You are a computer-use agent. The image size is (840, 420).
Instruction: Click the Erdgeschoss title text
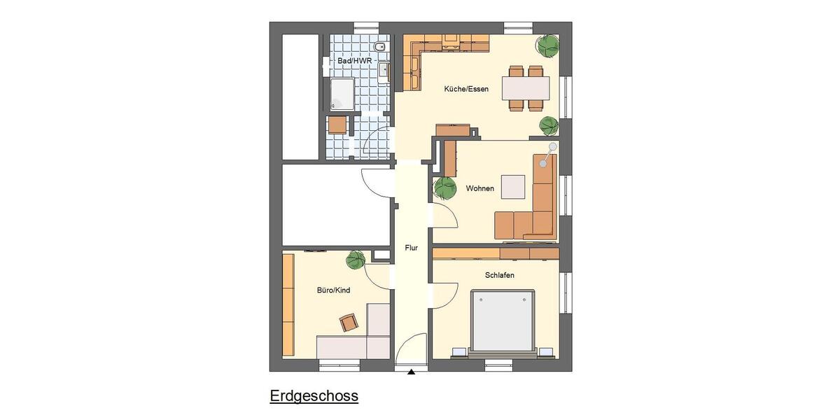click(x=314, y=396)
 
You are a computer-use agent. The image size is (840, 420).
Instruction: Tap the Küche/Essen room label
click(x=466, y=89)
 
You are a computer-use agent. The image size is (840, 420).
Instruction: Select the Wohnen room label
click(x=480, y=188)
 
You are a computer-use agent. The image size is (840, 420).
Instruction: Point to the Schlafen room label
click(x=500, y=275)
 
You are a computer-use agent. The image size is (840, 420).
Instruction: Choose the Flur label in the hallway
click(x=411, y=248)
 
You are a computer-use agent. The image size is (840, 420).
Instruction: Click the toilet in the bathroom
click(x=379, y=47)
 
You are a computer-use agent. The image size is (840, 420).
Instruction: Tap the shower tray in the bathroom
click(x=342, y=94)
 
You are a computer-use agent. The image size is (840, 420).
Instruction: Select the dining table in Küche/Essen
click(x=526, y=87)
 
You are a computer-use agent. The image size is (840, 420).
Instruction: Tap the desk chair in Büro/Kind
click(x=349, y=322)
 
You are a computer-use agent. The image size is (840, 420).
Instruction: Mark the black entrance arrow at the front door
click(x=411, y=372)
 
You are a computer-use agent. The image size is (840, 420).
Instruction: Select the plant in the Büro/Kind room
click(x=356, y=260)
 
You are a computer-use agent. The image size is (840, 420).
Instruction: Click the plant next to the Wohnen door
click(x=445, y=188)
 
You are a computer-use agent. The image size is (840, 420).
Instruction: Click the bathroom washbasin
click(x=384, y=71)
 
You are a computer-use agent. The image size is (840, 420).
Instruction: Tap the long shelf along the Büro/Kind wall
click(x=288, y=304)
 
